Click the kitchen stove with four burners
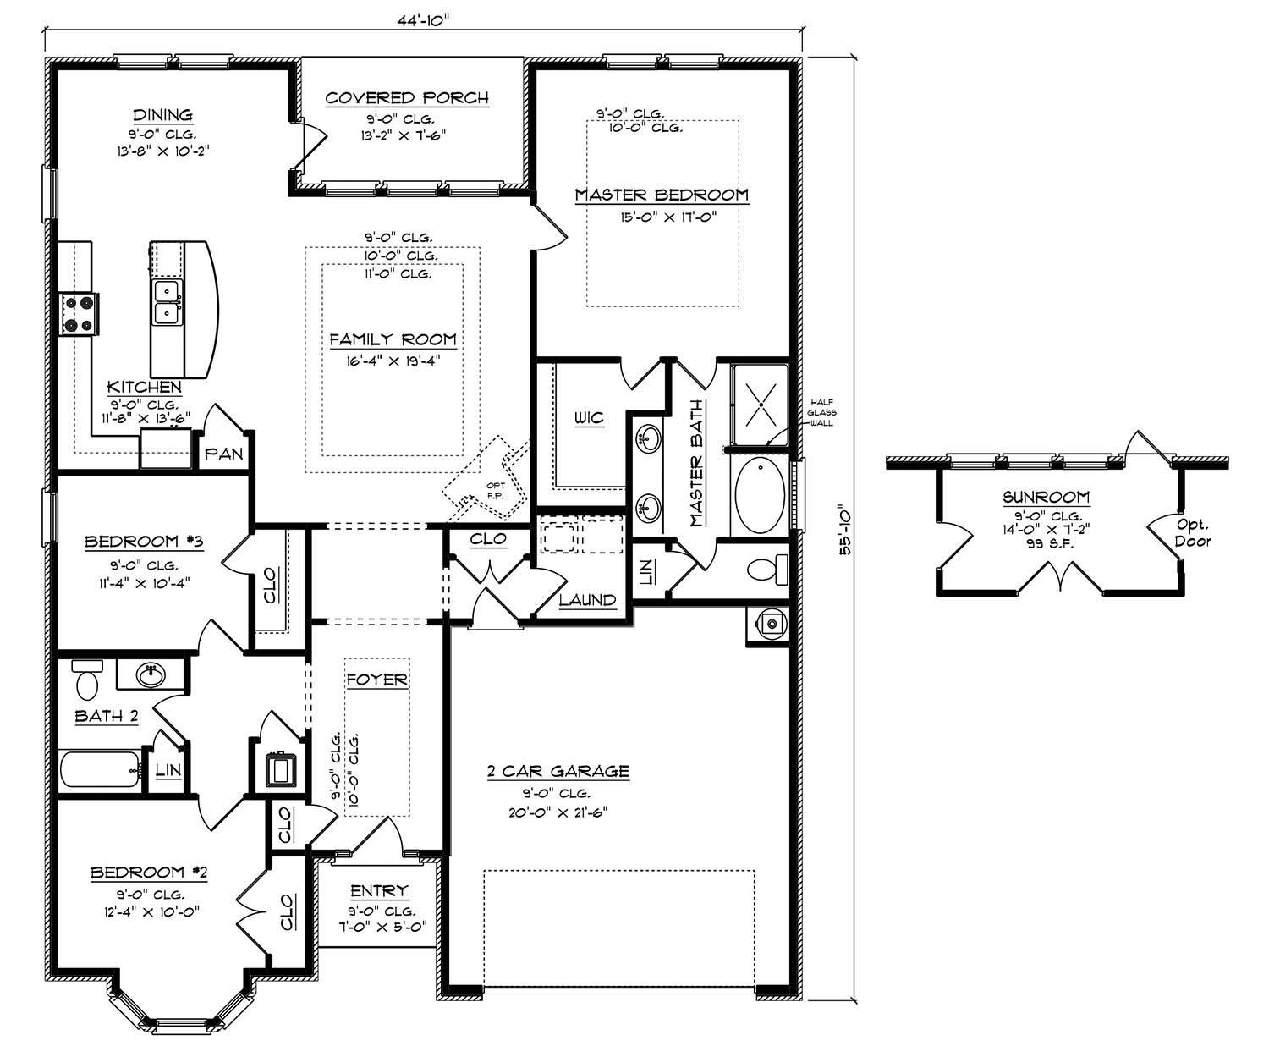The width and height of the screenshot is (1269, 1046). coord(78,312)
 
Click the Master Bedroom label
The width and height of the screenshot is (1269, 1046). coord(662,195)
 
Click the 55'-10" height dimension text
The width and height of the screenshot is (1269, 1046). coord(844,531)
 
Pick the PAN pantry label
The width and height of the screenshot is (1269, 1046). coord(223,454)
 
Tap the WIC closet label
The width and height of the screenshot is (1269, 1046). coord(589,419)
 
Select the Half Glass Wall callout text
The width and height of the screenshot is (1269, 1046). coord(822,412)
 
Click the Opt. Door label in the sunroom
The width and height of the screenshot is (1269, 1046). coord(1193,533)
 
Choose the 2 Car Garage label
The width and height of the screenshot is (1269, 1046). coord(558,771)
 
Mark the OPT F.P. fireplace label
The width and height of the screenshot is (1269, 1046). coord(494,490)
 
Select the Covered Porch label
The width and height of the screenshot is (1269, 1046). coord(407,98)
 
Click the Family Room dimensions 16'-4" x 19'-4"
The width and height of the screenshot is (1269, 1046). coord(393,360)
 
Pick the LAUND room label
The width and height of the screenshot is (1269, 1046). coord(587,600)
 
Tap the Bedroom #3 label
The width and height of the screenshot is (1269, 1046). coord(131,542)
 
